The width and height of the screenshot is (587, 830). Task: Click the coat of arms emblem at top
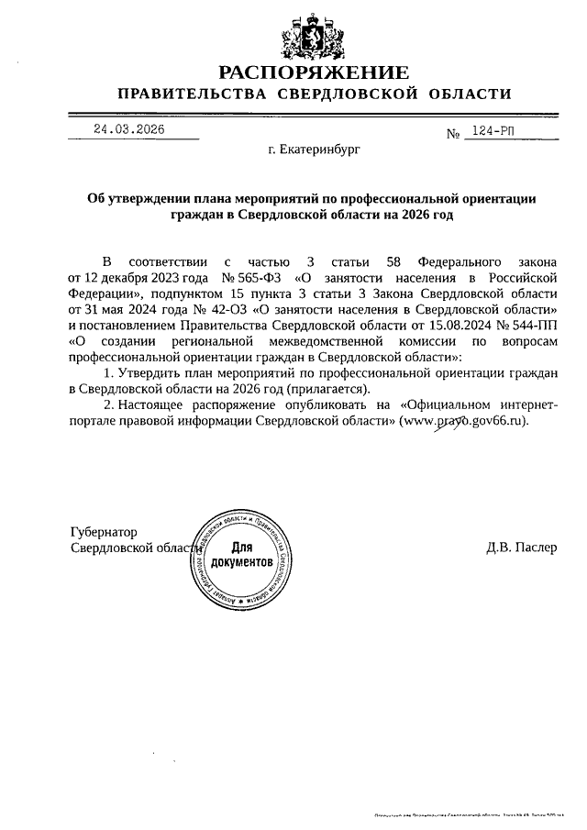(x=313, y=38)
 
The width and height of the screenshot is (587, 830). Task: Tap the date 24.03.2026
(x=128, y=129)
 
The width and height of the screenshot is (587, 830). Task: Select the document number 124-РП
(x=493, y=132)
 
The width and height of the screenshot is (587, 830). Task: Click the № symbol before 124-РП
(x=452, y=135)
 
